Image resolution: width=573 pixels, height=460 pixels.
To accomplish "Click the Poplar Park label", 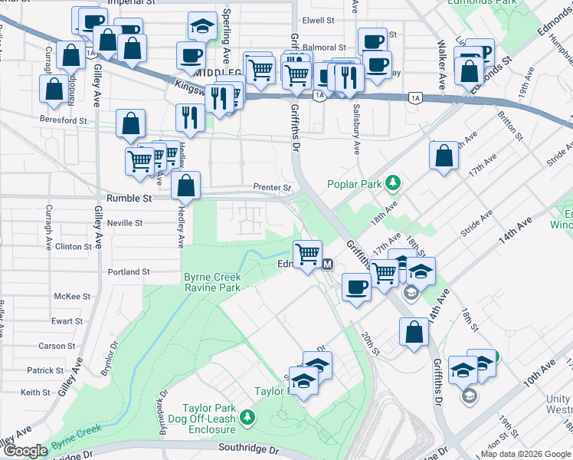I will coord(356,184).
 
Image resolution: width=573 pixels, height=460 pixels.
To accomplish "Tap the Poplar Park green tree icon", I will coord(393,183).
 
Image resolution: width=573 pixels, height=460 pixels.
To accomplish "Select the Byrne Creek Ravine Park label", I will coord(212,282).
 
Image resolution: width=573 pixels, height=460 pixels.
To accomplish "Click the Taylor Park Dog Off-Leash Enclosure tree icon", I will coord(247,417).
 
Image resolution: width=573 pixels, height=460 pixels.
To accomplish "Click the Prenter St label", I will coord(273,188).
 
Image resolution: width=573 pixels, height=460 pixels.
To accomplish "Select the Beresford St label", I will coord(64,120).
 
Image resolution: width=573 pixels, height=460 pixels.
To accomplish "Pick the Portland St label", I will coord(128,272).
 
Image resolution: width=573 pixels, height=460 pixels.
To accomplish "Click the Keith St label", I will coord(35,393).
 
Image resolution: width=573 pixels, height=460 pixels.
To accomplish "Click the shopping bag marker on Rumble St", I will coord(186,185).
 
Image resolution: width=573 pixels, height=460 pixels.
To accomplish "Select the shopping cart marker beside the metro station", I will coord(307,253).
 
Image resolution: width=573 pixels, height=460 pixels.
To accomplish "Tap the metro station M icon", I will coord(328,264).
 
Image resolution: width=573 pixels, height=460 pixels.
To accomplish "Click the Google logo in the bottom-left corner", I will coord(25,451).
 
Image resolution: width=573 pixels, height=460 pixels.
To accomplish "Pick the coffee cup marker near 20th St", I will coord(356,287).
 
